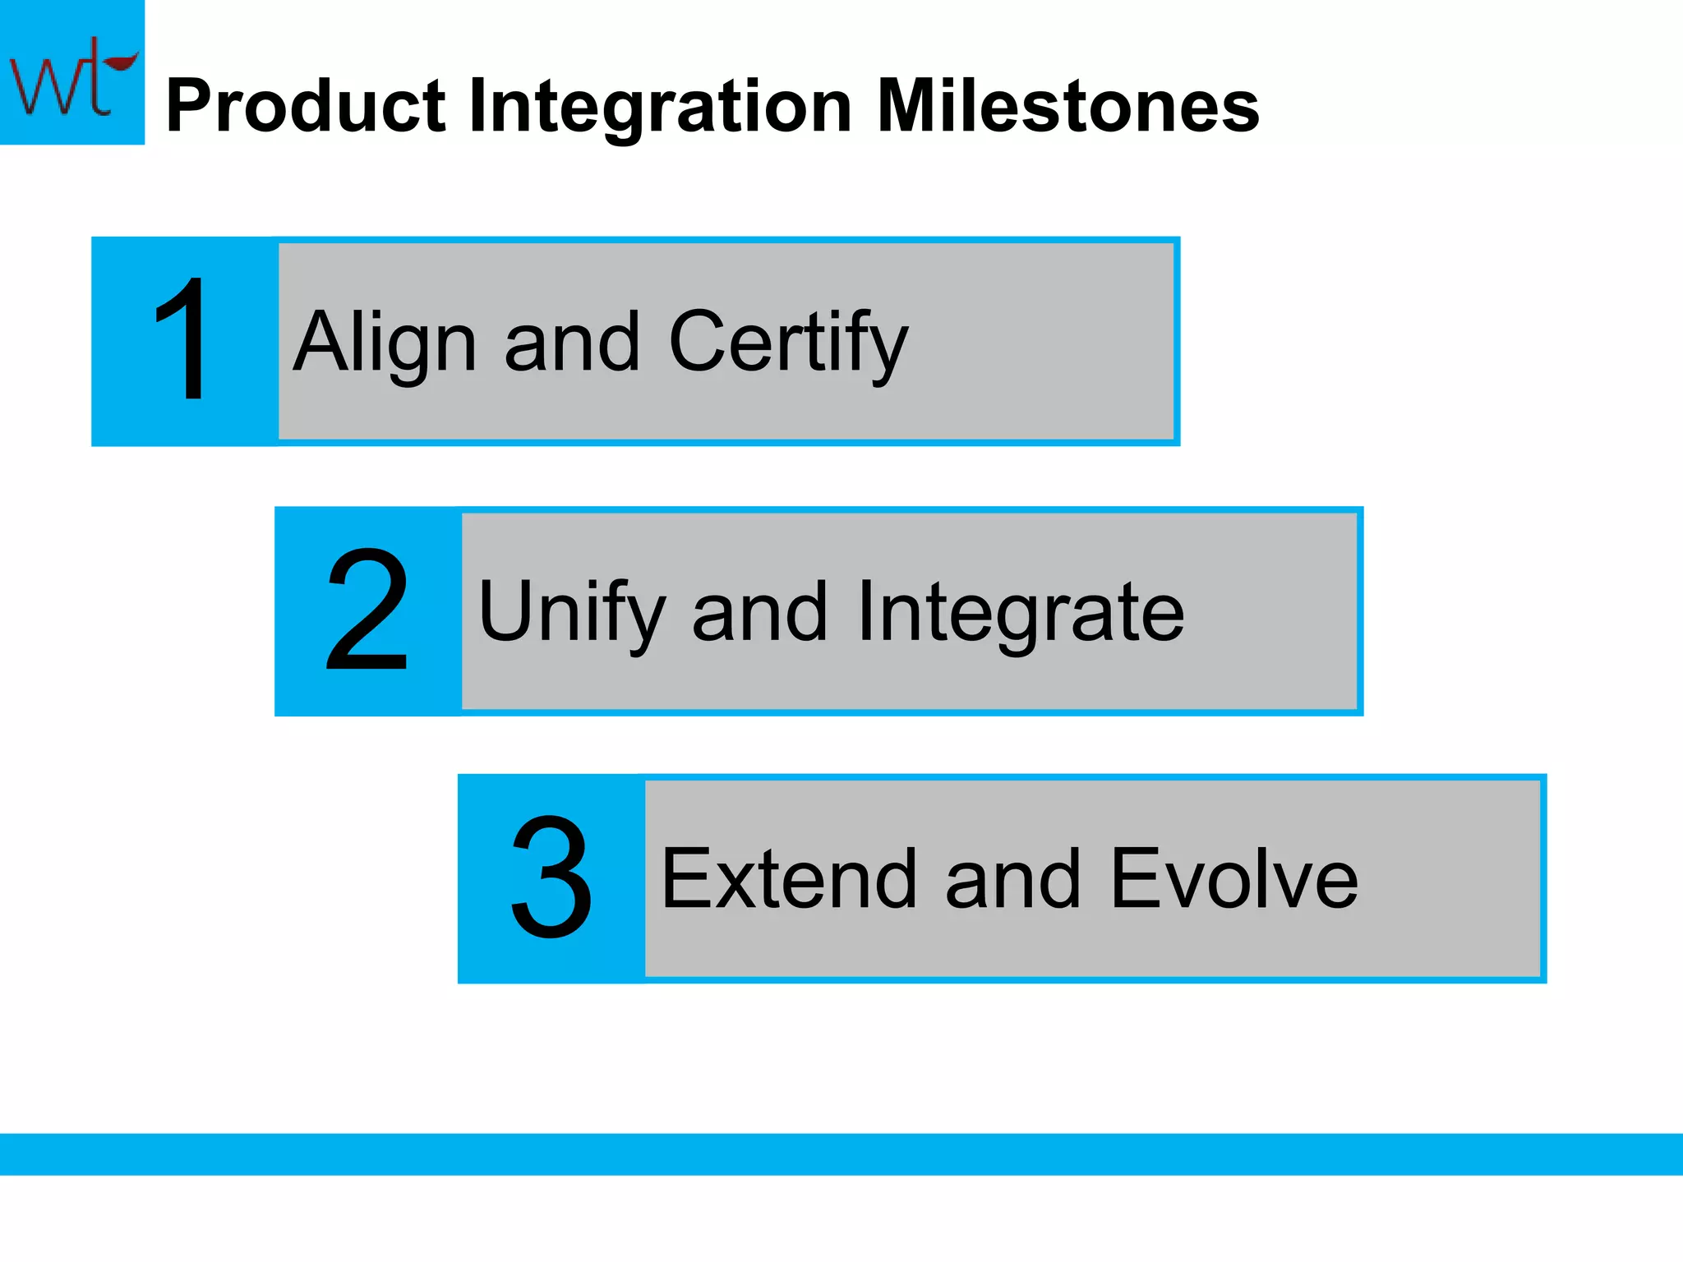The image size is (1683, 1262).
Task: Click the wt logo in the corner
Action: point(71,72)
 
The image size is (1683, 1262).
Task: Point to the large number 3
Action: point(551,877)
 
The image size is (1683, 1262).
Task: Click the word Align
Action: point(385,343)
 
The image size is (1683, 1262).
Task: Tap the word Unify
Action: point(571,613)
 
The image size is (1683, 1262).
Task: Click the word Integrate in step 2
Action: point(1020,613)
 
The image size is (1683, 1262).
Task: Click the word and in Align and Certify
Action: point(572,343)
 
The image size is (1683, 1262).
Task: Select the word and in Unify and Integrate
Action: point(759,613)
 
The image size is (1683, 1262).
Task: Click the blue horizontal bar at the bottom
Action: point(841,1154)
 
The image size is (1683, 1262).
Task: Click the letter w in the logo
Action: point(41,86)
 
